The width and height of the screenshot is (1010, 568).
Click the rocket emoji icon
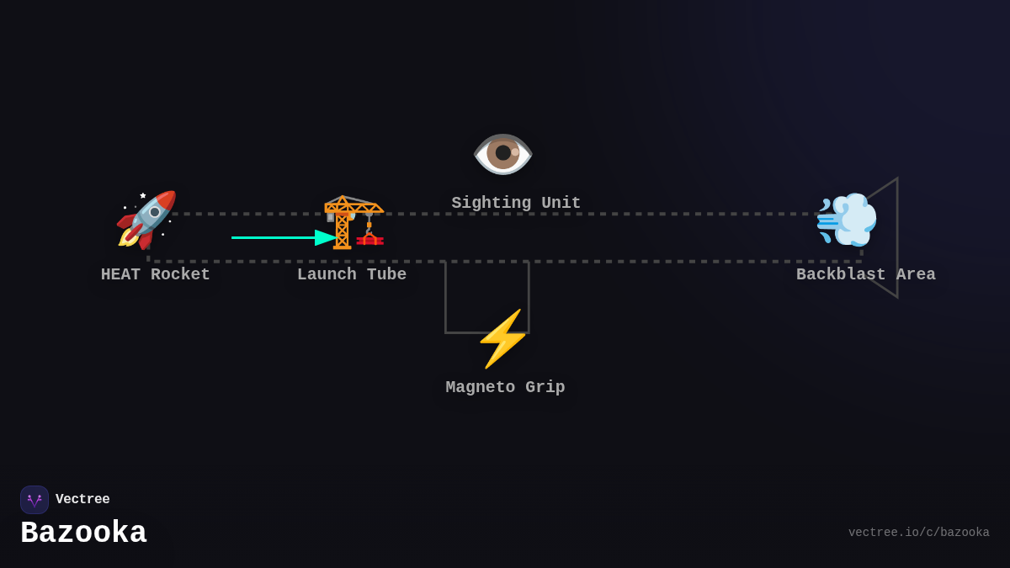pyautogui.click(x=146, y=220)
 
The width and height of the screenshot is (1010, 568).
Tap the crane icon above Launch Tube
pyautogui.click(x=353, y=222)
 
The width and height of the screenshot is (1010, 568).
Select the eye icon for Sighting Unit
pyautogui.click(x=503, y=154)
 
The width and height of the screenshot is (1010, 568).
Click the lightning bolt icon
pyautogui.click(x=502, y=338)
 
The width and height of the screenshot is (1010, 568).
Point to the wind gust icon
pyautogui.click(x=846, y=219)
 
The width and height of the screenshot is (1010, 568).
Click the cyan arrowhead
pyautogui.click(x=326, y=238)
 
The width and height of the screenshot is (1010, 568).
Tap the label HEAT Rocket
pyautogui.click(x=156, y=275)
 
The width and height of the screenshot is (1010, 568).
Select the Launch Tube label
pyautogui.click(x=352, y=275)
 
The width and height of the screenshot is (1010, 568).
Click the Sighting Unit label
pyautogui.click(x=516, y=204)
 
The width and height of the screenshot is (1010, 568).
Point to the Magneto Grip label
pyautogui.click(x=505, y=388)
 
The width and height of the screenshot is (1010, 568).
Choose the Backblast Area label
pyautogui.click(x=865, y=275)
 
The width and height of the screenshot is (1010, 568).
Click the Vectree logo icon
pyautogui.click(x=35, y=500)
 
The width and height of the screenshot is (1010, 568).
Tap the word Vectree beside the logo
pyautogui.click(x=82, y=500)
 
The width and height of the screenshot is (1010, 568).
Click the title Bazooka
pyautogui.click(x=83, y=533)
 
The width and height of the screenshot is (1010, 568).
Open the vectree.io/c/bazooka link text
pyautogui.click(x=918, y=533)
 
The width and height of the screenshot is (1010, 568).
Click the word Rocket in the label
pyautogui.click(x=180, y=275)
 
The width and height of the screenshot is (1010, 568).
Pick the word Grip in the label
pyautogui.click(x=545, y=388)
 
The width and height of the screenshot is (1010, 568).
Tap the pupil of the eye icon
pyautogui.click(x=503, y=152)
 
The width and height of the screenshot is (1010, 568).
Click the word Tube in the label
pyautogui.click(x=386, y=275)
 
